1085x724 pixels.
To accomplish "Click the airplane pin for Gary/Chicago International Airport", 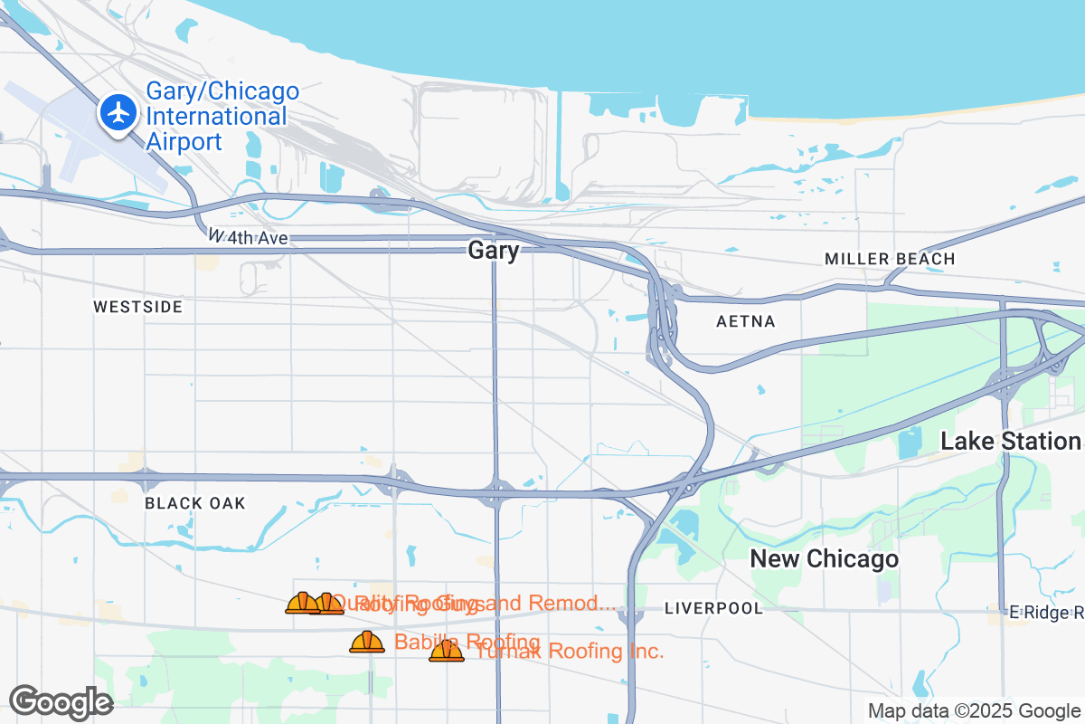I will click(x=118, y=114).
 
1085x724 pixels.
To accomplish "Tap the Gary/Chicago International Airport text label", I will click(x=222, y=117).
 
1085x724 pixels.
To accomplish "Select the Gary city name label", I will click(x=494, y=251).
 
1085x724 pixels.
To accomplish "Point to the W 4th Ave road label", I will click(x=248, y=237).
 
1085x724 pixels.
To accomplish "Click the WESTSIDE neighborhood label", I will click(x=137, y=307).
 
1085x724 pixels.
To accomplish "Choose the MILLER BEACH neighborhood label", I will click(x=890, y=259).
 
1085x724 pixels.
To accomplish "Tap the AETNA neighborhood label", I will click(x=746, y=321).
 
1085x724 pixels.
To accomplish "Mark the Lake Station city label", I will click(x=1011, y=442).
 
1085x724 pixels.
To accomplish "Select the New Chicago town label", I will click(x=825, y=559).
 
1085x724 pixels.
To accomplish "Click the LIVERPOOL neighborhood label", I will click(x=713, y=608).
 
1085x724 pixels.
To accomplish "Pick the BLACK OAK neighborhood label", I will click(x=195, y=503).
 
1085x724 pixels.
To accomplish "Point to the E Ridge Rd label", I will click(x=1046, y=613).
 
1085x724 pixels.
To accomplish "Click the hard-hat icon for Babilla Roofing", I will click(x=367, y=642).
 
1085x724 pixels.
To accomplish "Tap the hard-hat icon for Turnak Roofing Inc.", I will click(x=446, y=651).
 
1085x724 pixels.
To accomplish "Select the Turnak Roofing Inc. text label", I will click(x=570, y=651).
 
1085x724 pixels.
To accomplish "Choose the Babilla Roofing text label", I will click(x=467, y=642).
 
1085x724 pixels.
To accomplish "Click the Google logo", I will click(x=61, y=702).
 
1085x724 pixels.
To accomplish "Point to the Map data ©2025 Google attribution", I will click(x=975, y=711).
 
